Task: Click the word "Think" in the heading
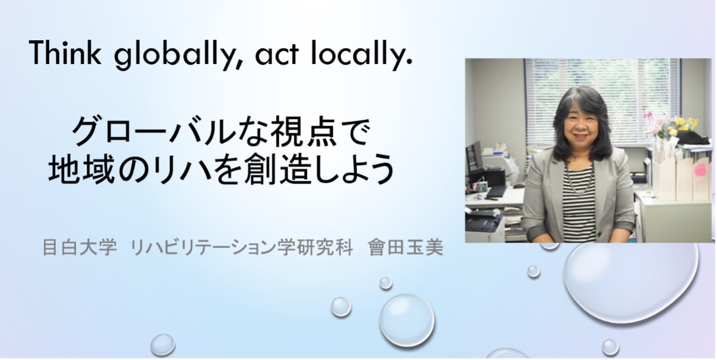pos(64,53)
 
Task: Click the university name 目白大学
pos(79,248)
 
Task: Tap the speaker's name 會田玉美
pos(406,248)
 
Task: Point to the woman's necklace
pos(580,179)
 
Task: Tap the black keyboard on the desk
pos(497,191)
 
